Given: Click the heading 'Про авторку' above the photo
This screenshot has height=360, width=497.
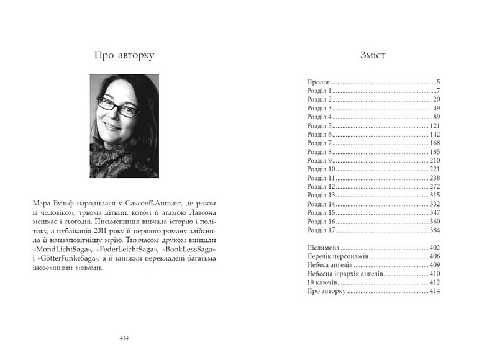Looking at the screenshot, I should coord(123,55).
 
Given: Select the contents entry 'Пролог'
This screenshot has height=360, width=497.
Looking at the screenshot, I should coord(318,82).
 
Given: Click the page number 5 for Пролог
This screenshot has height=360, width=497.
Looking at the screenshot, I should coord(438,82).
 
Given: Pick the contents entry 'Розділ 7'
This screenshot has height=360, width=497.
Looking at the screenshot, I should coord(321,143).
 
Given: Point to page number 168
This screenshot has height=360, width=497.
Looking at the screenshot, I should coord(434,143).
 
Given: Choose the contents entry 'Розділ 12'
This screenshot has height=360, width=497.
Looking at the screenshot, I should coord(323,186).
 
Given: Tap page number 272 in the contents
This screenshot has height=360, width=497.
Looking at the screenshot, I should coord(434,186).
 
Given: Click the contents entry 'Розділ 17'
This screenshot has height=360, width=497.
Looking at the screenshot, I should coord(323,230).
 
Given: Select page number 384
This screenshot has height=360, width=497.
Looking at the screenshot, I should coord(434,230).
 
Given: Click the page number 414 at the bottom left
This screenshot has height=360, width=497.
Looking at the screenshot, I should coord(124,338).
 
